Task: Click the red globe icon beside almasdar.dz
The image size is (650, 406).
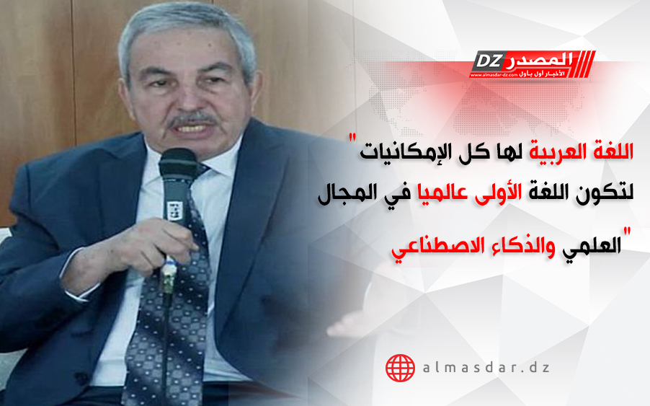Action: [400, 368]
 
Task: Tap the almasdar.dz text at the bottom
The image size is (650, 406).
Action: [486, 368]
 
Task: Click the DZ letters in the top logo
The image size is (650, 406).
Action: [488, 61]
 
